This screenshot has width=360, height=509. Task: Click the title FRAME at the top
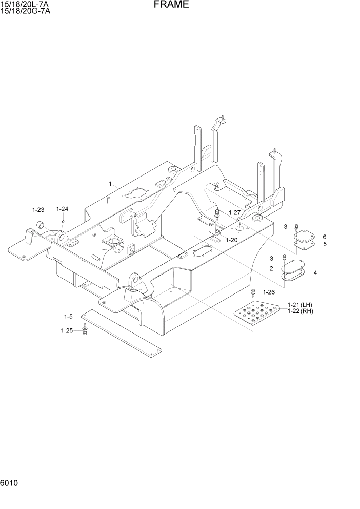[x=171, y=5]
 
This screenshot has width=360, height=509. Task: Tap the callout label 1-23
[x=38, y=210]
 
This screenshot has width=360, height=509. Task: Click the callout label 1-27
[x=234, y=212]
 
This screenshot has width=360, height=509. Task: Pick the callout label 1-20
[x=231, y=240]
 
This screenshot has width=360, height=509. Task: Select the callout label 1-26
[x=269, y=292]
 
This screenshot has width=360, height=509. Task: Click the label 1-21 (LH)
[x=299, y=304]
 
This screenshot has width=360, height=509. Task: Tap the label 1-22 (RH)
[x=299, y=311]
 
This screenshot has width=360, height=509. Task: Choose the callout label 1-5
[x=68, y=316]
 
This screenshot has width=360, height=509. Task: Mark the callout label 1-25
[x=68, y=330]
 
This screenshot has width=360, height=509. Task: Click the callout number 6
[x=325, y=237]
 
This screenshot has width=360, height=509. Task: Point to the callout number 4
[x=315, y=272]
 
